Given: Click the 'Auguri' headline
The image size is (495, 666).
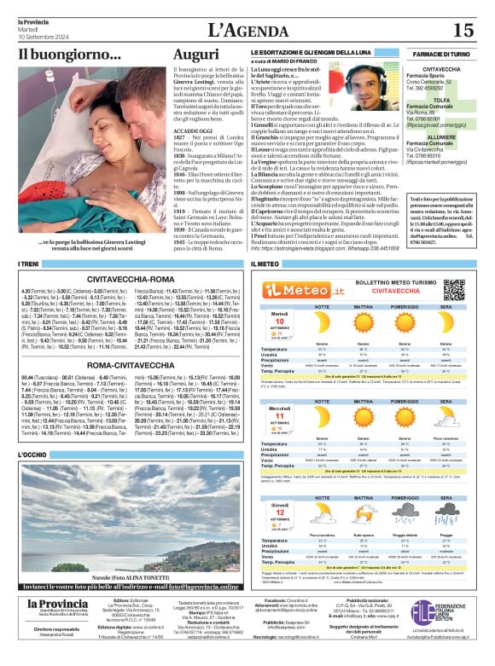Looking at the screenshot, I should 195,54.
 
